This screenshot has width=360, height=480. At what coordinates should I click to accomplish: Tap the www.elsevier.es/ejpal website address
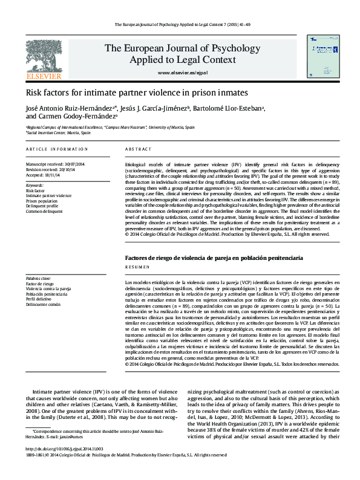click(182, 73)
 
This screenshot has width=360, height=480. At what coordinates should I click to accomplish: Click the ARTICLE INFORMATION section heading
click(53, 149)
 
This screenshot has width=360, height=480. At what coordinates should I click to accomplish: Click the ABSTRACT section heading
click(138, 149)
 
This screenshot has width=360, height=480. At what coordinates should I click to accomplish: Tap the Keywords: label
click(35, 185)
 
